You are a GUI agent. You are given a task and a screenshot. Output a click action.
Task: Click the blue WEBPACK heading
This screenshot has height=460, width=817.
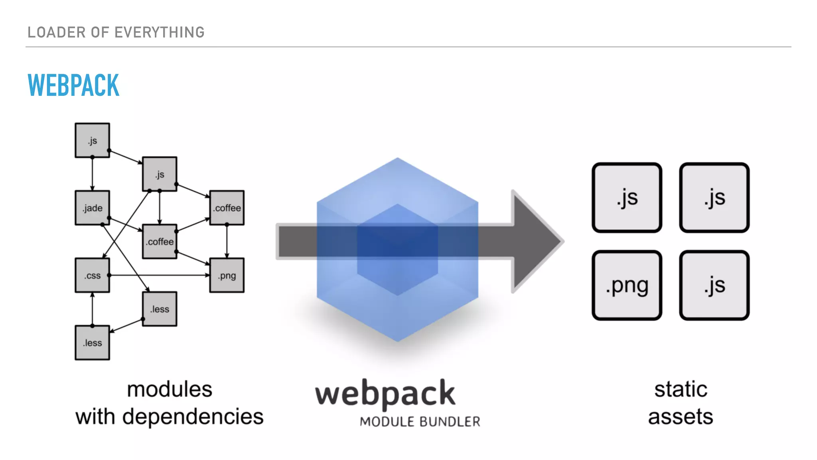pos(73,85)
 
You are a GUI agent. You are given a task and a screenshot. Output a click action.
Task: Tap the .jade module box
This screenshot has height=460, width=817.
pos(92,208)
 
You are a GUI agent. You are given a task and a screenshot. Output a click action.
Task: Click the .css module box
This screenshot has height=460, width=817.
pos(92,275)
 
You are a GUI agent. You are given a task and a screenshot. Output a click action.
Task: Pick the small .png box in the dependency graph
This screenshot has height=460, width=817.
pos(227,275)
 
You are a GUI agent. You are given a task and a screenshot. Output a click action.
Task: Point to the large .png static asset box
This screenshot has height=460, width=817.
pos(627,285)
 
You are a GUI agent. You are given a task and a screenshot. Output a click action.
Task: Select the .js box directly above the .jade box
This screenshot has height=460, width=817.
pos(92,140)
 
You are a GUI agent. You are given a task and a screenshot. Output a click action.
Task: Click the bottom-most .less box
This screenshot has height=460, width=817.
pos(92,343)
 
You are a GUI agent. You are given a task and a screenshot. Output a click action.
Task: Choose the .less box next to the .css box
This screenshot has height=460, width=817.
pos(160,309)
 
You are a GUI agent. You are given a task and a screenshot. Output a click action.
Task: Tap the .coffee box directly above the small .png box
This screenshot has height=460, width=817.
pos(227,208)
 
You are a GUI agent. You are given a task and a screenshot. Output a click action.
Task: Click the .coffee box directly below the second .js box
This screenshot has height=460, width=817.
pos(160,241)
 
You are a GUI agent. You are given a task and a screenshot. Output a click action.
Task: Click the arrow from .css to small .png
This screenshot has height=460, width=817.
pos(160,275)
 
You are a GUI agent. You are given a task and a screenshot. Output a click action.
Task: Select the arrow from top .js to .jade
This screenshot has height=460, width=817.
pos(92,174)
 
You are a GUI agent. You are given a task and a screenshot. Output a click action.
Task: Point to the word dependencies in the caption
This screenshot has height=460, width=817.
pos(193,417)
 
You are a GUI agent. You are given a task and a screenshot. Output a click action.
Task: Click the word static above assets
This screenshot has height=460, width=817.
pos(681,389)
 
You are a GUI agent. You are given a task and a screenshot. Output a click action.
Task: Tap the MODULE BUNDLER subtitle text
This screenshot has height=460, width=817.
pos(420,422)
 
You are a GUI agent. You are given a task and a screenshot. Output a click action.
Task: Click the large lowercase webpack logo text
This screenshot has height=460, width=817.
pos(385,394)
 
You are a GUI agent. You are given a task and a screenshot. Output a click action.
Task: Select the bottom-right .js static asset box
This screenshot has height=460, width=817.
pos(714,285)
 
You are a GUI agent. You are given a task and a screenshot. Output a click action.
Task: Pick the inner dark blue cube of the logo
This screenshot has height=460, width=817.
pos(397,250)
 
